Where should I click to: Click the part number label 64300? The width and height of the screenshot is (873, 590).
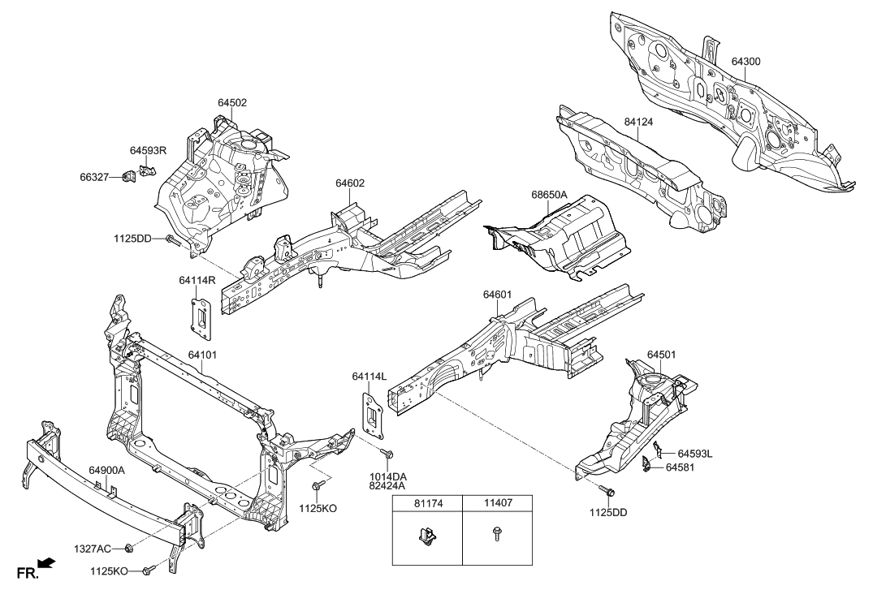tap(746, 61)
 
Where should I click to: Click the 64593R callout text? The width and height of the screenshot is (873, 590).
tap(148, 150)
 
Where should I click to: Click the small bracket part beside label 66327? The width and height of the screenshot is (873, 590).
tap(128, 177)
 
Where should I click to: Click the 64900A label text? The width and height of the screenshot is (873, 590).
tap(106, 470)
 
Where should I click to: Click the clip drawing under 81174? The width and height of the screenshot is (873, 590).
tap(427, 537)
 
